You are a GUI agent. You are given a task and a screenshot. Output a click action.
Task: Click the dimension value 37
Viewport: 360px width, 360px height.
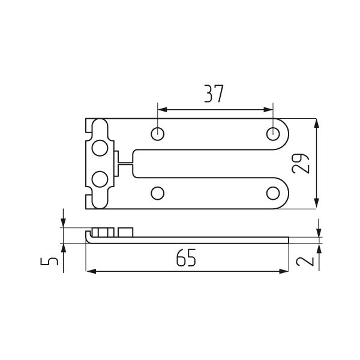pyautogui.click(x=214, y=94)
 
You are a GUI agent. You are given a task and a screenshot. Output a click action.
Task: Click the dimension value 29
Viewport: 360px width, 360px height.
pyautogui.click(x=301, y=163)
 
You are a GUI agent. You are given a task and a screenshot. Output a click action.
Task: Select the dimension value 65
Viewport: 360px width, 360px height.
pyautogui.click(x=186, y=257)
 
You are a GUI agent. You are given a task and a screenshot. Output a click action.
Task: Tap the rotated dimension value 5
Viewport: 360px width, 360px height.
pyautogui.click(x=49, y=261)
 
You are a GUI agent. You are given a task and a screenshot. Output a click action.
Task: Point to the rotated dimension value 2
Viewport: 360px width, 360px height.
pyautogui.click(x=305, y=261)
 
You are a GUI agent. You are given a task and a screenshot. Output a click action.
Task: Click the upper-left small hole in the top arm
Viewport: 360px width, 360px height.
pyautogui.click(x=157, y=134)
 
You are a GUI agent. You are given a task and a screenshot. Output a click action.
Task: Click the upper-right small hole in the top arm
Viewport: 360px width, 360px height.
pyautogui.click(x=273, y=134)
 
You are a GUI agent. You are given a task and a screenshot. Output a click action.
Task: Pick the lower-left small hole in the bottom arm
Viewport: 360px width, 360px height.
pyautogui.click(x=157, y=193)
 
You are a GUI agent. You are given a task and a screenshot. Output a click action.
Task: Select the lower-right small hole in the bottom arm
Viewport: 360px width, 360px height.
pyautogui.click(x=273, y=193)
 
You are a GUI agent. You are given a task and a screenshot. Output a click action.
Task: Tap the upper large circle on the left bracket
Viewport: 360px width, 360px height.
pyautogui.click(x=100, y=148)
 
